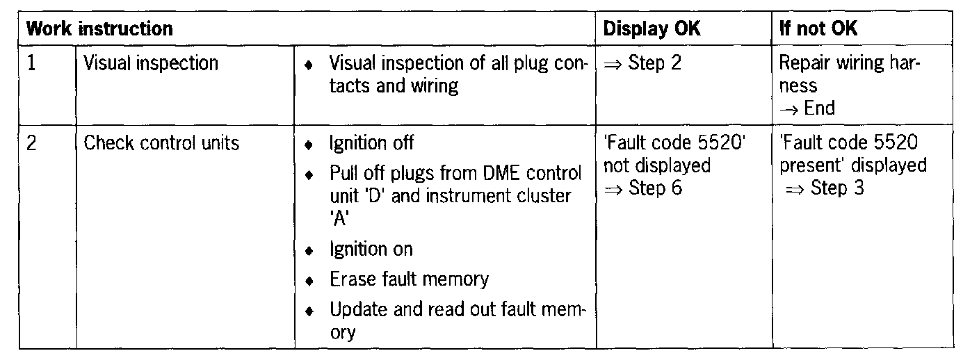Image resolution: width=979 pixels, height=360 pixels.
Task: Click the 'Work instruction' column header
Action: click(99, 29)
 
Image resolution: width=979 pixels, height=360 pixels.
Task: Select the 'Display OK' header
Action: click(652, 29)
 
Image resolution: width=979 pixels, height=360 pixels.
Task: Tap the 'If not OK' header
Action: click(818, 29)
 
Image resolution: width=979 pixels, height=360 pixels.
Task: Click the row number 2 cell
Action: click(32, 143)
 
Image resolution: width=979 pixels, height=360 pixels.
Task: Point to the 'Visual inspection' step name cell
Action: click(151, 63)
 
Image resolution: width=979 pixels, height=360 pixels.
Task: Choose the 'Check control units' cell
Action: click(161, 143)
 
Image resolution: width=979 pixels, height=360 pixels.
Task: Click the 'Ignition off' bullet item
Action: click(371, 143)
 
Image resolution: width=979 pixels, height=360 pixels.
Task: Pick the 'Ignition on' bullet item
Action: click(371, 249)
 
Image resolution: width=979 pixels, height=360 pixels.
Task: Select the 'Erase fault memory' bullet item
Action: click(409, 279)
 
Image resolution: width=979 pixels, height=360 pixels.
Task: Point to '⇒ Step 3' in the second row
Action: click(825, 188)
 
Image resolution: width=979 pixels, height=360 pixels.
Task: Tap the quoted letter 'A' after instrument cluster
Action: click(339, 218)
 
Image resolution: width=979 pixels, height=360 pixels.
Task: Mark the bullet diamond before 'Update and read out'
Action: click(309, 311)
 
